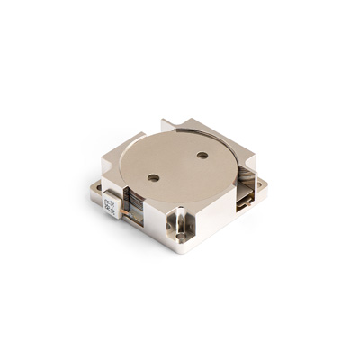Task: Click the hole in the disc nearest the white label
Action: click(154, 177)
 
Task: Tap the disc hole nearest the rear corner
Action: click(202, 155)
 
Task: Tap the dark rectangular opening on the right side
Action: click(243, 200)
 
